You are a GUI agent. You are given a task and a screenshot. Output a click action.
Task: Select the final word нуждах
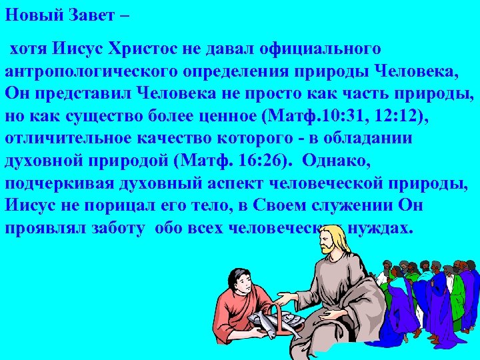[382, 227]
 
